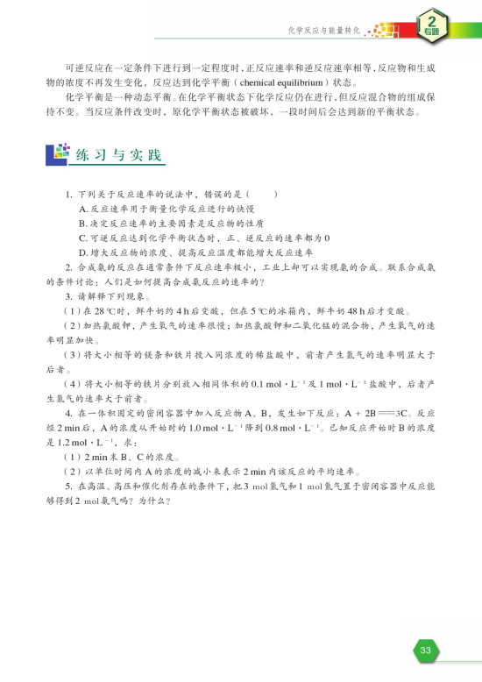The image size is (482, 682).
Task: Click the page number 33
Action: pyautogui.click(x=425, y=650)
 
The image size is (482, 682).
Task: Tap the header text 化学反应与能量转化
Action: pyautogui.click(x=323, y=31)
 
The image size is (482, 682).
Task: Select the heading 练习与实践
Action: pyautogui.click(x=120, y=155)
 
